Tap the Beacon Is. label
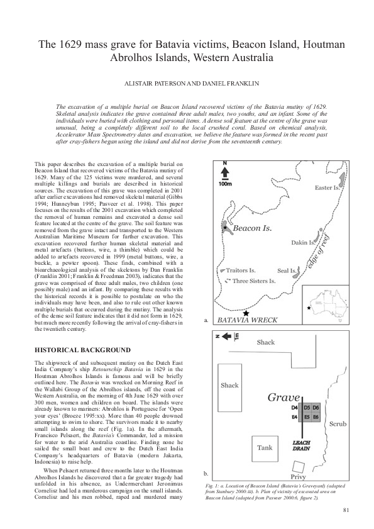pos(252,228)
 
